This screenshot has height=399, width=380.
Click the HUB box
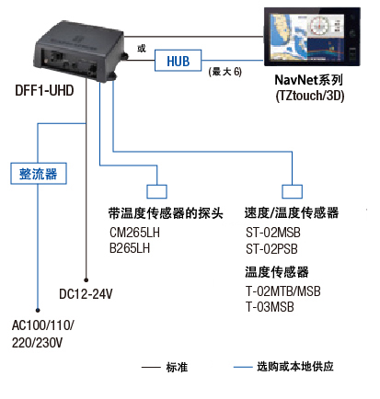coord(178,61)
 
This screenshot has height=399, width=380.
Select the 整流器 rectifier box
coord(39,174)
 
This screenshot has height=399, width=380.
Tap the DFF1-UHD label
coord(44,91)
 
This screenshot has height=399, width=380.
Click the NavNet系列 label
coord(308,80)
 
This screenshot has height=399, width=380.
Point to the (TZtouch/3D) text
coord(310,96)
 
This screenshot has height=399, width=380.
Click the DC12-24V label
coord(86,294)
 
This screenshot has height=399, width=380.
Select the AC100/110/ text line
coord(42,325)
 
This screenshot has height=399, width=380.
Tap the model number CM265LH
coord(134,233)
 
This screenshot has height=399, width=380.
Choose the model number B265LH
coord(130,248)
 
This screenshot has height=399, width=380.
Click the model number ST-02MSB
coord(273,233)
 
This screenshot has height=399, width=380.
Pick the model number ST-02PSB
coord(271,249)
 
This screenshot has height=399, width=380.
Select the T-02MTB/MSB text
coord(283,291)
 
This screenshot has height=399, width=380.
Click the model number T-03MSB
coord(270,307)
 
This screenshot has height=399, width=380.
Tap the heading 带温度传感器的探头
coord(166,213)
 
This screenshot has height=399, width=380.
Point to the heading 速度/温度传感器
coord(292,212)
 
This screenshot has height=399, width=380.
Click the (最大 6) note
coord(225,72)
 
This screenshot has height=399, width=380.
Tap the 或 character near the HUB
coord(142,48)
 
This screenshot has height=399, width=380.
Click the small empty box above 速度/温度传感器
coord(292,192)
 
